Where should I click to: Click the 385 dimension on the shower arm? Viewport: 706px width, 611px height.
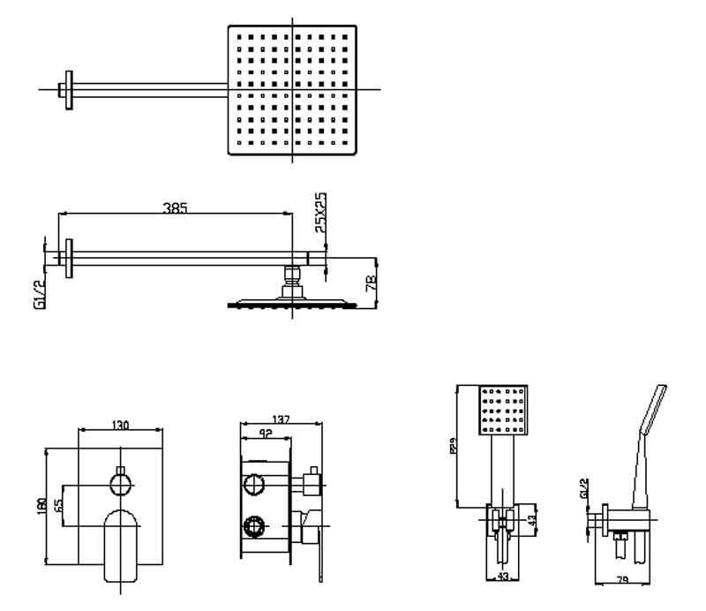[176, 208]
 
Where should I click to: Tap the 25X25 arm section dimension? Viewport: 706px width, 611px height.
[321, 213]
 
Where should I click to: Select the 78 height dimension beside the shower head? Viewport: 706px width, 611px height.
[371, 283]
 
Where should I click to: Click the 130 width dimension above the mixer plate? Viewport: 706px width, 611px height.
[121, 426]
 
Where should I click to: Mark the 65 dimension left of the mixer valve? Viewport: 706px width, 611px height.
[57, 505]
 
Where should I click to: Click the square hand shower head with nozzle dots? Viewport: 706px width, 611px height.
[501, 409]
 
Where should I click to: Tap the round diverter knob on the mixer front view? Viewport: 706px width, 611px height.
[121, 483]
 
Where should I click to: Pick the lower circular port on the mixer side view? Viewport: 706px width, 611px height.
[254, 526]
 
